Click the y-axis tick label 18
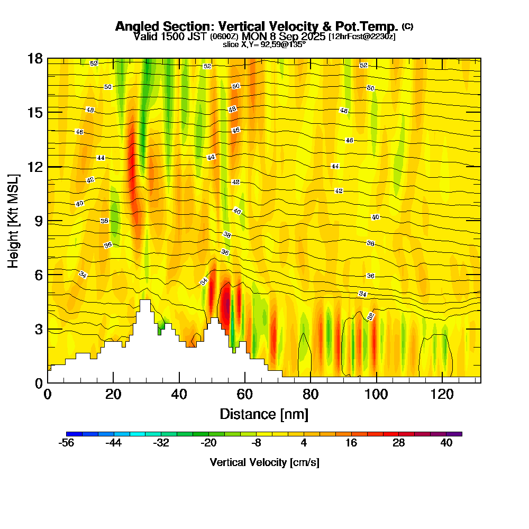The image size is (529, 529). (x=35, y=58)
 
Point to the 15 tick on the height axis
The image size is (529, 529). (x=35, y=113)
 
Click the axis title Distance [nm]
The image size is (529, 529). (x=264, y=414)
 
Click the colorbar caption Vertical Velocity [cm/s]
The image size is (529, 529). (x=264, y=462)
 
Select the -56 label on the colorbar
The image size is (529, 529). (x=67, y=443)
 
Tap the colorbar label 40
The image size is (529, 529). (x=446, y=443)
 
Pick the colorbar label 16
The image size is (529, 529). (x=351, y=443)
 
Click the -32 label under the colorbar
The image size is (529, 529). (x=161, y=443)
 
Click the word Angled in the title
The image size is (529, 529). (x=139, y=26)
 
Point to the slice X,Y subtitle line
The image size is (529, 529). (x=264, y=45)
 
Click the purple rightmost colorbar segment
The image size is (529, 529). (x=458, y=434)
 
